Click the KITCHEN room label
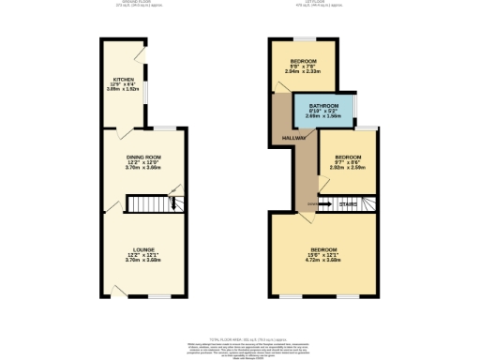coord(123,79)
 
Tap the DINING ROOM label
coord(144,156)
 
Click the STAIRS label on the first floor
coord(348,202)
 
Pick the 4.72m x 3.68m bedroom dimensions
coord(324,258)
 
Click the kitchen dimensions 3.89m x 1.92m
coord(123,90)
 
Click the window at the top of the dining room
coord(165,127)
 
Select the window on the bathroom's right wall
coord(357,109)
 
